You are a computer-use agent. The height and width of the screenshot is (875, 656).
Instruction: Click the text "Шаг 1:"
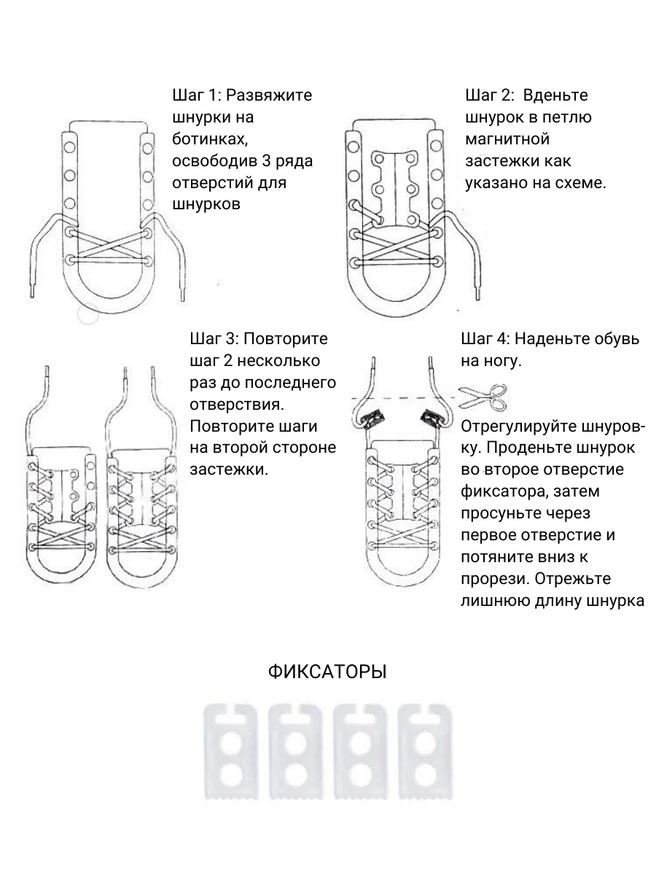pyautogui.click(x=195, y=96)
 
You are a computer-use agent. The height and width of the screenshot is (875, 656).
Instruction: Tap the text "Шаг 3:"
pyautogui.click(x=214, y=339)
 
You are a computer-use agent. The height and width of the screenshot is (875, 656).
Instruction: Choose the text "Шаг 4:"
pyautogui.click(x=486, y=339)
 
